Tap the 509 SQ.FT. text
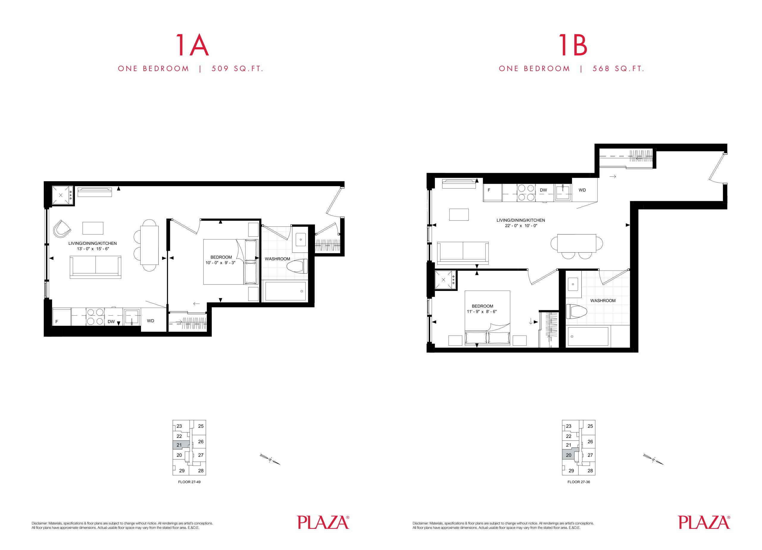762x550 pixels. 237,69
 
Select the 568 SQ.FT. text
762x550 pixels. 618,69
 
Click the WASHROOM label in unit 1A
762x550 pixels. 277,259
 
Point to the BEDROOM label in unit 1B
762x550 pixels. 483,306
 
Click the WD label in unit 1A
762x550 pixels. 151,321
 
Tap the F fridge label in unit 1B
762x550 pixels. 489,190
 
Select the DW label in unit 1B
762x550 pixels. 543,190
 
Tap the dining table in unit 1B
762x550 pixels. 577,243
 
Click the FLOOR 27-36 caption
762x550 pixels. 579,482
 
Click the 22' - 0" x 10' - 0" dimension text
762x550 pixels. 521,226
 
